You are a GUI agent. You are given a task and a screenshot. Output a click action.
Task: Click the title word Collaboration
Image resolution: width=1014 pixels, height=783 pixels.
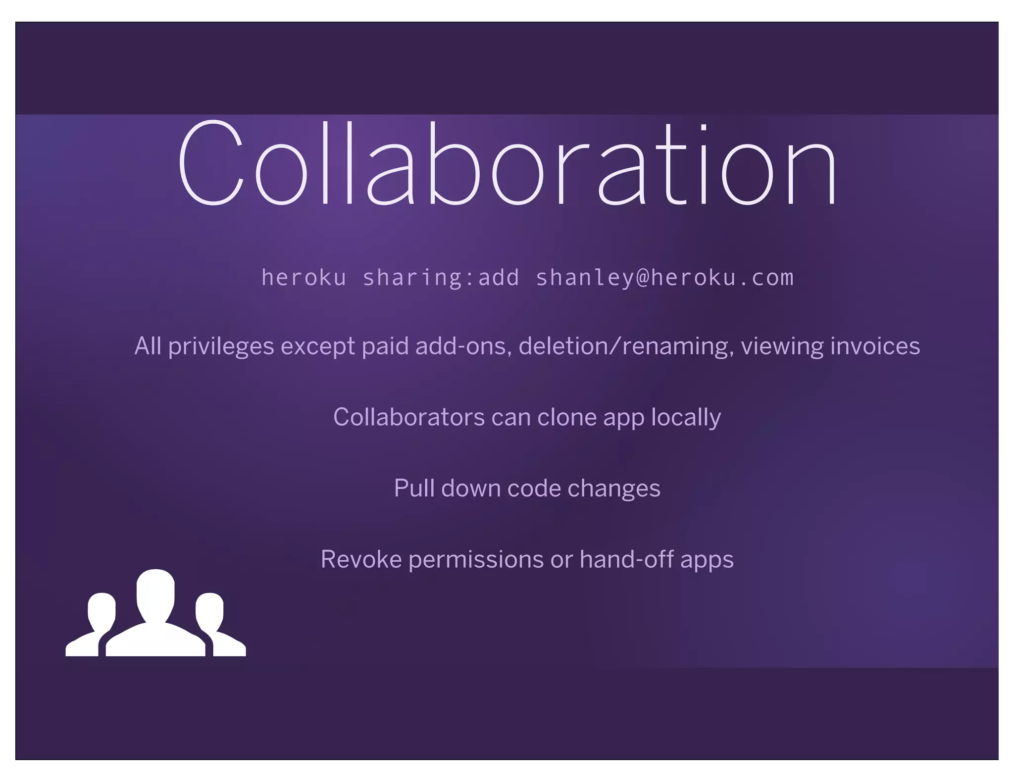pos(507,163)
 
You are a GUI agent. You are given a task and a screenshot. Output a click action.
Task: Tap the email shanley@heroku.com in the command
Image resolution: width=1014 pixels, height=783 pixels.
pos(664,278)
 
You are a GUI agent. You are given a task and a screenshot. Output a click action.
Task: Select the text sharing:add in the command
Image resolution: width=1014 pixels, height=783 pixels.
pos(441,278)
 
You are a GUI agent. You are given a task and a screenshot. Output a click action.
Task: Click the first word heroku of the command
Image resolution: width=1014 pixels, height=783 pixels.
pos(304,278)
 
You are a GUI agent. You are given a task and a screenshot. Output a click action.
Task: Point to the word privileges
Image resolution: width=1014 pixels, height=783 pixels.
pos(221,346)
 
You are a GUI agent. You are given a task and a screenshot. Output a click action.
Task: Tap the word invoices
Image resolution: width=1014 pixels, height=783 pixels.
pos(875,346)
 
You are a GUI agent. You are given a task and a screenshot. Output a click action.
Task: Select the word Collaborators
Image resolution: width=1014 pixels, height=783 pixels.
pos(409,417)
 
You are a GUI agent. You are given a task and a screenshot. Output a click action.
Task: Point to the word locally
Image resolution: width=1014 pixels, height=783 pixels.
pos(686,417)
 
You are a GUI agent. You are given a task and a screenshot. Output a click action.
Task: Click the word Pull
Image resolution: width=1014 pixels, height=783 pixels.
pos(414,488)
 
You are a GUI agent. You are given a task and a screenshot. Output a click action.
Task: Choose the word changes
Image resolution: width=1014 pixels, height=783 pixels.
pos(614,489)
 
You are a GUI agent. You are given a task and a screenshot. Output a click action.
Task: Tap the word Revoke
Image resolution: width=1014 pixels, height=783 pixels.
pos(361,559)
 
